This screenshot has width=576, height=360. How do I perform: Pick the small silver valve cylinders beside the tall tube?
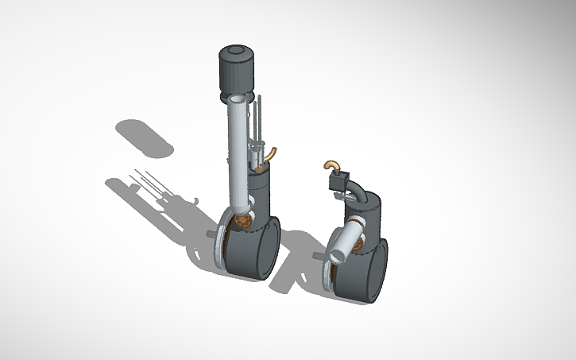[256, 154]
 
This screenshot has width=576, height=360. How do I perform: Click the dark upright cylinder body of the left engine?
[261, 191]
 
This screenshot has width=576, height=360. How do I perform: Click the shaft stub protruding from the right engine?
[319, 256]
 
